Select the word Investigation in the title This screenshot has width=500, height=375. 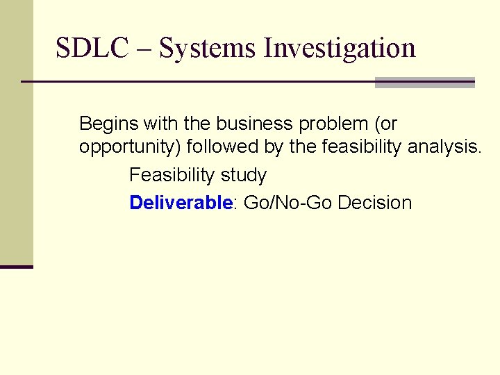coord(340,49)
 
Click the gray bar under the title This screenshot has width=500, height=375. coord(424,83)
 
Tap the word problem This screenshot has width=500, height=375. coord(333,124)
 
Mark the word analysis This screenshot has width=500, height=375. coord(444,147)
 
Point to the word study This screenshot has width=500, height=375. coord(244,175)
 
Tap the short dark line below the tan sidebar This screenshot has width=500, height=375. coord(17,267)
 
